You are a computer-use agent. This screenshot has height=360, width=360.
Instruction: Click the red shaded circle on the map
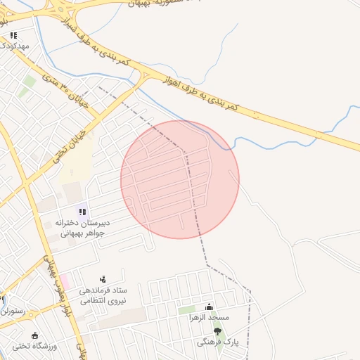pos(180,179)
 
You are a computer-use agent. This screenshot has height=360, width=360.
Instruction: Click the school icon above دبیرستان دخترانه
pos(82,211)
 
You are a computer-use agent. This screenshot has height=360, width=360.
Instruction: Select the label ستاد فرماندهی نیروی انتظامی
pos(103,295)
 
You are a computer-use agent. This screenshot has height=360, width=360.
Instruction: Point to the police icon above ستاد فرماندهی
pos(103,279)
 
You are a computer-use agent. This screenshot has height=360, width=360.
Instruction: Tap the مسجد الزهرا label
pos(209,318)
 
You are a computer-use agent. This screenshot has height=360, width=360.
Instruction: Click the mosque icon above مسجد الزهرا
pos(209,307)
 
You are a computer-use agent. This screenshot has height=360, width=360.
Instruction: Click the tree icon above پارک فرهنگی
pos(217,330)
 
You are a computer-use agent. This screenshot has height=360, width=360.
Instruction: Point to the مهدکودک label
pos(13,46)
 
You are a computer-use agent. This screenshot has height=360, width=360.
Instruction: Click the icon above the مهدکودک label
pos(13,34)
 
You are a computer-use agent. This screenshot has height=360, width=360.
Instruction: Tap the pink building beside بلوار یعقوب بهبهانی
pos(64,281)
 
